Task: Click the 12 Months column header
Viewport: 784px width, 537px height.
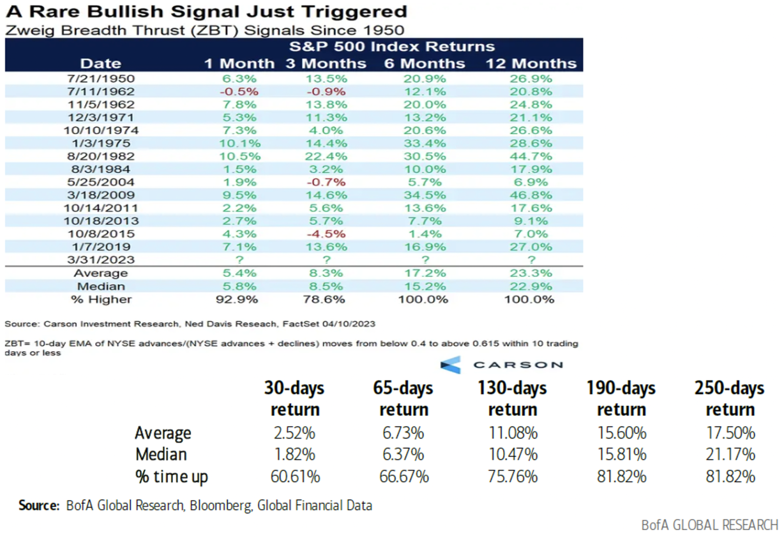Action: [531, 63]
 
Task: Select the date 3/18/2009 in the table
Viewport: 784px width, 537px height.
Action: [101, 195]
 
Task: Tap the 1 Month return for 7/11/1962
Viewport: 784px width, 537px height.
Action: [239, 92]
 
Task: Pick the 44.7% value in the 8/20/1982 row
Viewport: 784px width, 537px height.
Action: [531, 156]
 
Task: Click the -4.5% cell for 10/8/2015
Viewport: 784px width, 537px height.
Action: [326, 234]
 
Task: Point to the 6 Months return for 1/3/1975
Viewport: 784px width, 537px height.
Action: [425, 143]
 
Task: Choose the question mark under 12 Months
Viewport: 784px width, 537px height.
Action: [531, 260]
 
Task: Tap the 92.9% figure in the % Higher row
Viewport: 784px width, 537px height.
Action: [237, 300]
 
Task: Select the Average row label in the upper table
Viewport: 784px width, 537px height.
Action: [101, 273]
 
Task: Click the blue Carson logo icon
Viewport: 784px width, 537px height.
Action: [451, 364]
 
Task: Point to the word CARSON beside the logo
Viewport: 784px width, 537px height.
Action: [518, 365]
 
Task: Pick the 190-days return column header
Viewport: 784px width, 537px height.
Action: [621, 399]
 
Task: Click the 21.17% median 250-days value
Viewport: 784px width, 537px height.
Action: [730, 454]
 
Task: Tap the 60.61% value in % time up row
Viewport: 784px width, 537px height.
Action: [295, 476]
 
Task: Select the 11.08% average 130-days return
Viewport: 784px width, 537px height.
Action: [512, 433]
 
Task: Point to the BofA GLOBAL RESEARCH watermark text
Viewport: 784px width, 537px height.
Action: [709, 525]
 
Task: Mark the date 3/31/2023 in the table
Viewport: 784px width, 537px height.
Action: [101, 260]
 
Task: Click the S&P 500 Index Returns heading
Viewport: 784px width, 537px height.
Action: [392, 46]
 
